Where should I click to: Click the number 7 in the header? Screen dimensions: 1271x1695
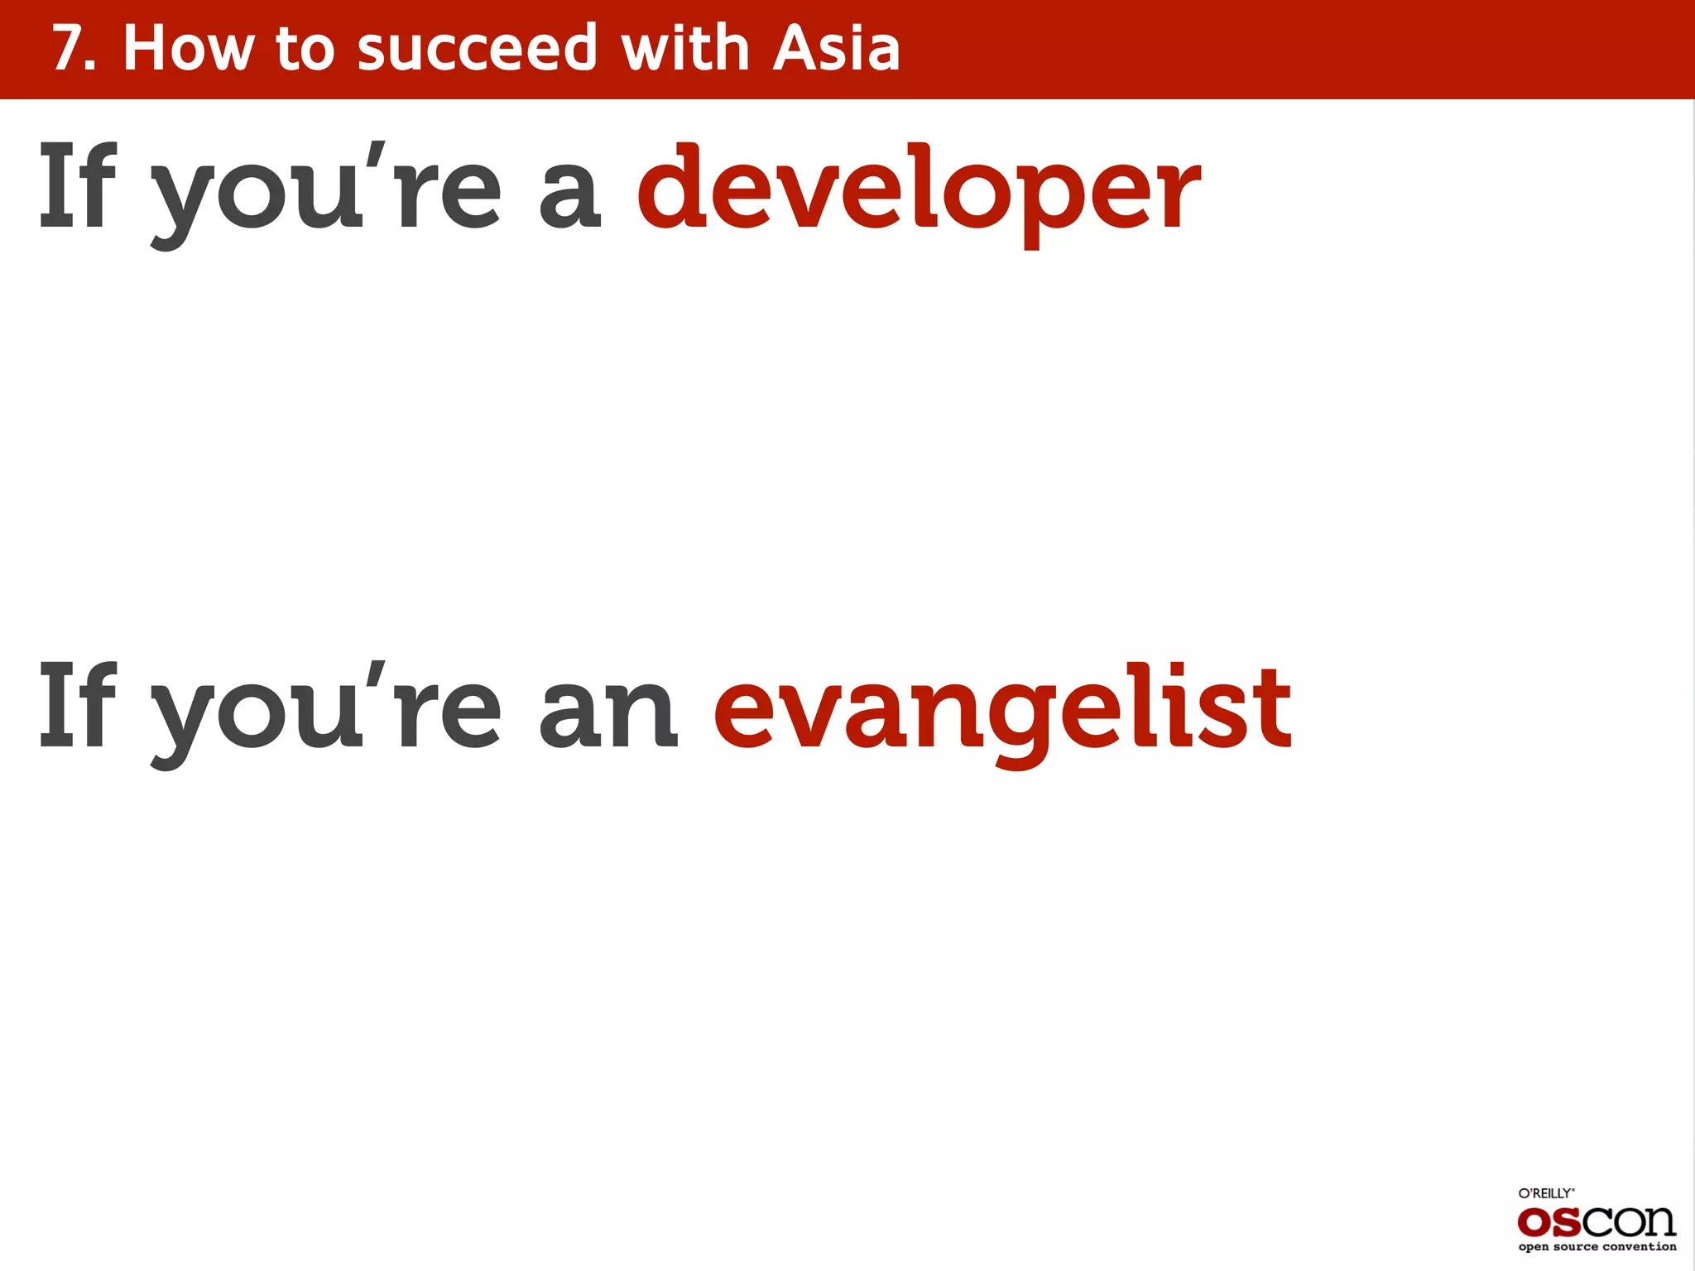[68, 49]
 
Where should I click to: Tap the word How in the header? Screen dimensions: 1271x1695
[189, 49]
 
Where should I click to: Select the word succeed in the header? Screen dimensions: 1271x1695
[477, 49]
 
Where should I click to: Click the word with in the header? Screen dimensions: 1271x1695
[685, 49]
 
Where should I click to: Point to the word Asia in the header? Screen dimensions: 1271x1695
[836, 49]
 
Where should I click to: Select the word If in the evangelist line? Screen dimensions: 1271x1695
[78, 707]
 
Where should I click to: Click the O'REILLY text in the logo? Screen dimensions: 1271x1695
[1545, 1193]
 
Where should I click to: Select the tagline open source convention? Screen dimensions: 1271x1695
[1597, 1247]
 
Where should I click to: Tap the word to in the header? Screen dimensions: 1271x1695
[305, 49]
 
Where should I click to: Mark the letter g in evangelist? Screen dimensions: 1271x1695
[1018, 724]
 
